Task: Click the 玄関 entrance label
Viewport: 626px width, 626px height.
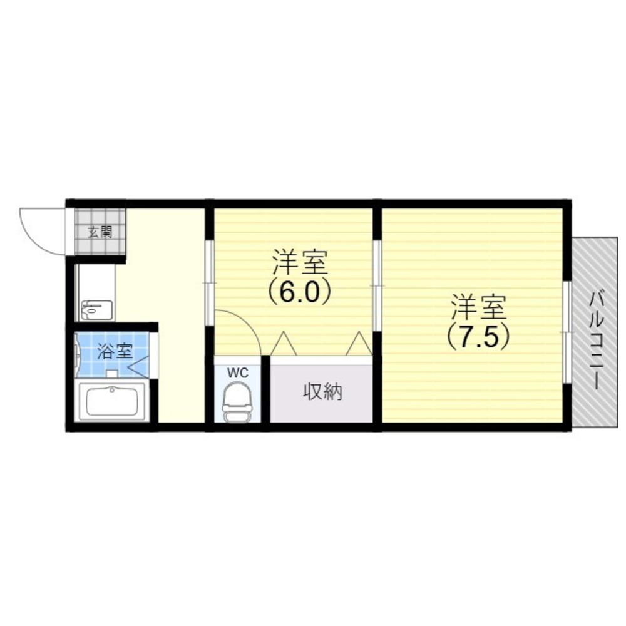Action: tap(100, 232)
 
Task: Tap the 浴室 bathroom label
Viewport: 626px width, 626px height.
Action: tap(115, 351)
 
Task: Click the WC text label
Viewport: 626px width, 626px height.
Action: tap(237, 373)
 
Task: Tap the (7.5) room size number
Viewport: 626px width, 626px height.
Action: tap(479, 337)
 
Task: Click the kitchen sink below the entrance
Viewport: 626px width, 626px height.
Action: tap(96, 310)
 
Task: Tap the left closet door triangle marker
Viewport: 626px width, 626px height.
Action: tap(284, 343)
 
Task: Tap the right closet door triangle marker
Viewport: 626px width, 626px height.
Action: tap(359, 343)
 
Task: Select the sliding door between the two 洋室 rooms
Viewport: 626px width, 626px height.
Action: tap(376, 285)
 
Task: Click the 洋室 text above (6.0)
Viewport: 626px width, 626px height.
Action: tap(300, 262)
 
